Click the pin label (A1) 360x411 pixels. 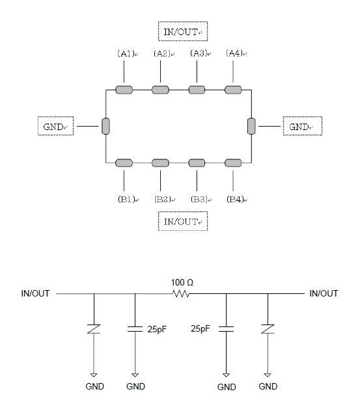click(126, 53)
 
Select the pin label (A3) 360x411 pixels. click(199, 53)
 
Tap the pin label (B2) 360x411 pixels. click(163, 199)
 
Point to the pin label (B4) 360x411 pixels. click(236, 199)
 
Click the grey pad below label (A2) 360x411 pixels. click(160, 90)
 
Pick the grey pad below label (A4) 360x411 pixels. click(233, 90)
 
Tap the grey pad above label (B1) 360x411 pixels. click(124, 163)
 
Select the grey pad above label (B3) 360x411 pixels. click(197, 163)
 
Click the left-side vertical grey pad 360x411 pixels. click(105, 126)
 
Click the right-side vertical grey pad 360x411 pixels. click(251, 126)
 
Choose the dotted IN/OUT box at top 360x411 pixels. click(183, 31)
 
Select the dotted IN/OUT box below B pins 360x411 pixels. click(183, 221)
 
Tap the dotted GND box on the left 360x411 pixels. click(55, 126)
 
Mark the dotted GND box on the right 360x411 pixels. click(303, 126)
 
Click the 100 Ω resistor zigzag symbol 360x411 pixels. click(180, 294)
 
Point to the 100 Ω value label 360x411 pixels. click(182, 282)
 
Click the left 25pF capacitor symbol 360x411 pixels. click(135, 329)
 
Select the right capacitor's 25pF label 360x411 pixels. click(201, 328)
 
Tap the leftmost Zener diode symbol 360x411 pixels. click(94, 329)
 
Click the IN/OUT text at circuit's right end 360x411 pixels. click(324, 293)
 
